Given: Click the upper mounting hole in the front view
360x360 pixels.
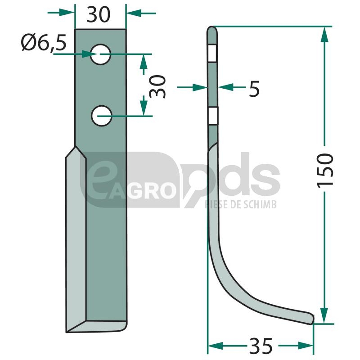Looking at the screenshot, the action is click(x=100, y=54).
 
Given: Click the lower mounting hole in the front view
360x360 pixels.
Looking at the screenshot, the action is click(x=102, y=116).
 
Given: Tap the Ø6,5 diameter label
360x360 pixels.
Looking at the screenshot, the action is click(x=44, y=43).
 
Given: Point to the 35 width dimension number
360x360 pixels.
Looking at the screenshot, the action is click(x=261, y=345).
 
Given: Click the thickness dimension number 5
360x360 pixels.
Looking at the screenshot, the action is click(x=254, y=89).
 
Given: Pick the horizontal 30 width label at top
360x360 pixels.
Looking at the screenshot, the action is click(x=99, y=14).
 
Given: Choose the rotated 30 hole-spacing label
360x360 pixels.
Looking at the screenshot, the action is click(x=157, y=86).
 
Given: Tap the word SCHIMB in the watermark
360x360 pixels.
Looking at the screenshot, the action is click(x=260, y=204).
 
